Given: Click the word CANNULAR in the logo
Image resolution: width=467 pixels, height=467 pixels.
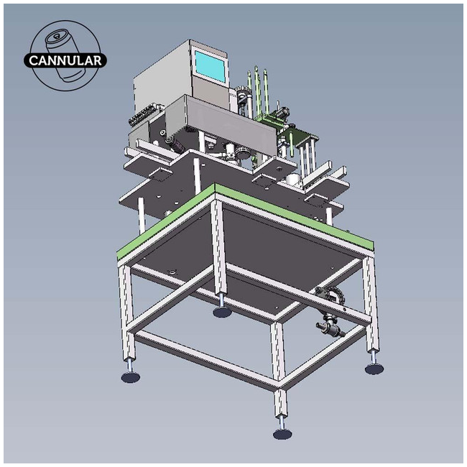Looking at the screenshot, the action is coord(65,60).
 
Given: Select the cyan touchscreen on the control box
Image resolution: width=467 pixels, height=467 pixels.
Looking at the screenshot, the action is coord(210,66).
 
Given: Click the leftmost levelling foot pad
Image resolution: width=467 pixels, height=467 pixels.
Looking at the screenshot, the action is coord(131,376).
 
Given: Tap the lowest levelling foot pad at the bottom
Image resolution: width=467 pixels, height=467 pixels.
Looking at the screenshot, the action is coord(282,433).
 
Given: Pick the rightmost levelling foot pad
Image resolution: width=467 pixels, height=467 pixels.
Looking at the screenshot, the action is coord(374,369).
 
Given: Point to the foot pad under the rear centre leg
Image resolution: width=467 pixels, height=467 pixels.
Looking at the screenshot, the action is coord(222,312).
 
